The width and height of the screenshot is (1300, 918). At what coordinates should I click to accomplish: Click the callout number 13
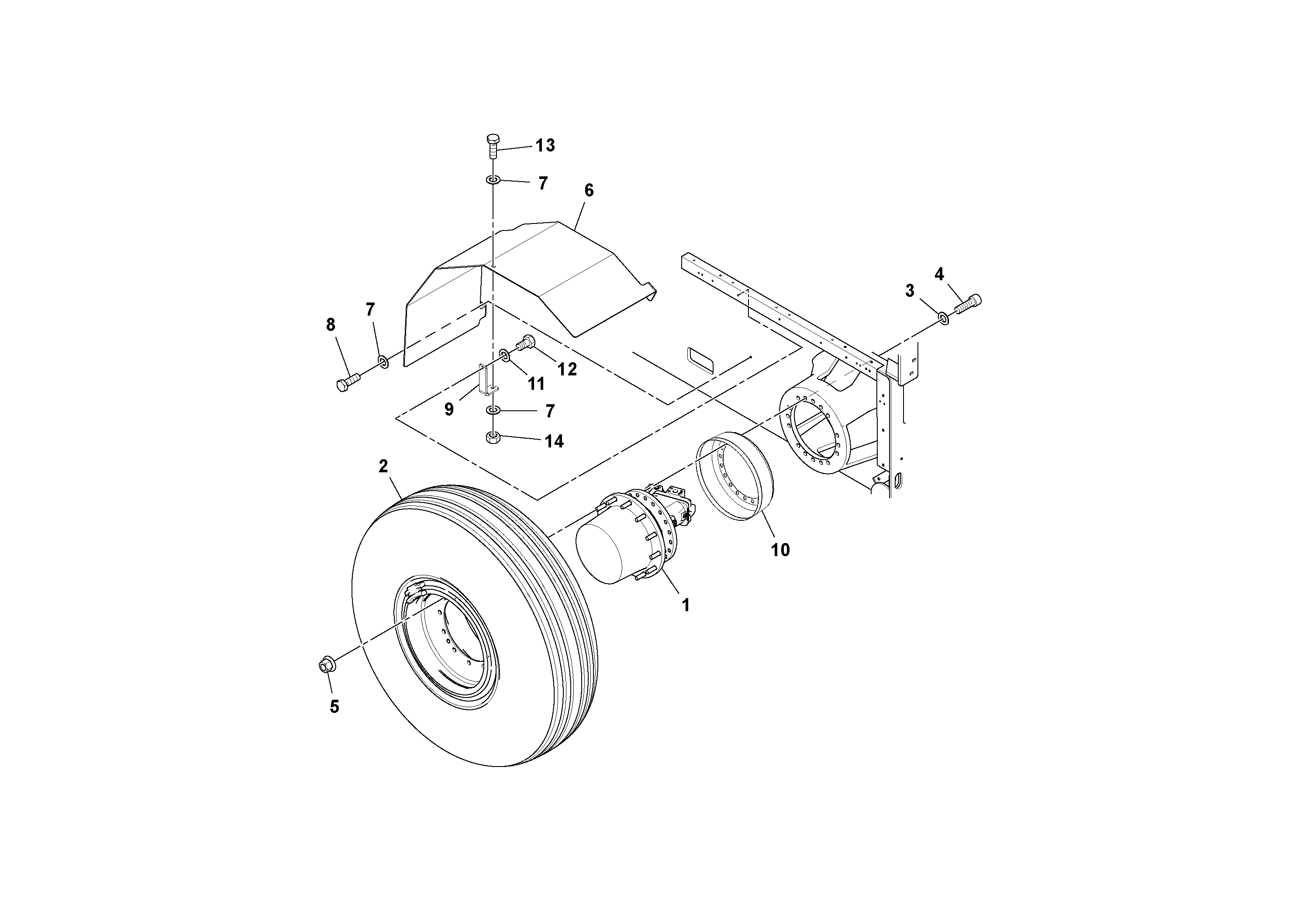coord(545,145)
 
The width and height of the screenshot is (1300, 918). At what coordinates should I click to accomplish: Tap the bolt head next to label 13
coord(493,140)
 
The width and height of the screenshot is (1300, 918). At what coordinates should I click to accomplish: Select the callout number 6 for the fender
coord(589,191)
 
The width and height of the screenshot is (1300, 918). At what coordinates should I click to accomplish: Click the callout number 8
coord(331,325)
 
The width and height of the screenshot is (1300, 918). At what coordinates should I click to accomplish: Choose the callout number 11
coord(536,384)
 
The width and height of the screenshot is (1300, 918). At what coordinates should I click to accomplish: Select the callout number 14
coord(554,441)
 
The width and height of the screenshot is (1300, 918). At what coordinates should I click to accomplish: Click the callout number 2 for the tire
coord(383,466)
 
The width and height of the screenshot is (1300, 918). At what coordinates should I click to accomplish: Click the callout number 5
coord(334,706)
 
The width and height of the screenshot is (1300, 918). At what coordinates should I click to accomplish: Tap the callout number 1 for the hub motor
coord(686,605)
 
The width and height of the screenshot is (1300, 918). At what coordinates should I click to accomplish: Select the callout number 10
coord(780,550)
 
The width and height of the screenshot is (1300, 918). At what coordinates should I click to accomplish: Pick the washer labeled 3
coord(943,319)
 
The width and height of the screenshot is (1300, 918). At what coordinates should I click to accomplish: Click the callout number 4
coord(939,275)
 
